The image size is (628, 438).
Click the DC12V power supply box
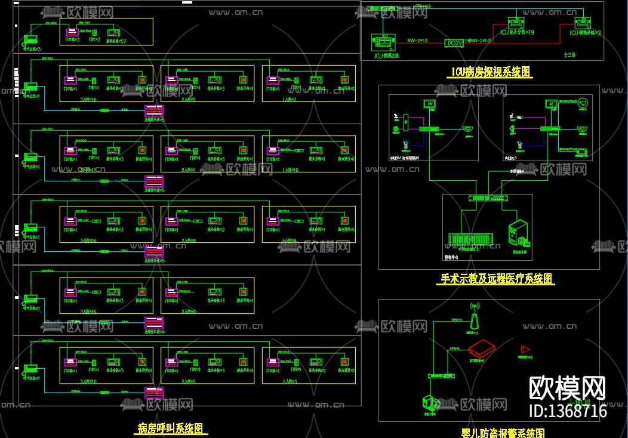[454, 43]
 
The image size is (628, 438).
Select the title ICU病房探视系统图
[490, 73]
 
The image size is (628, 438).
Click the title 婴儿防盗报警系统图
[495, 433]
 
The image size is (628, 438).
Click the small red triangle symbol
[525, 348]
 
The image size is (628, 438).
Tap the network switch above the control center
[488, 198]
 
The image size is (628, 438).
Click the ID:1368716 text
[568, 411]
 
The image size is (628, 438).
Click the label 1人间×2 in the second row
[290, 99]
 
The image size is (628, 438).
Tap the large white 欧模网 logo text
[568, 388]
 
